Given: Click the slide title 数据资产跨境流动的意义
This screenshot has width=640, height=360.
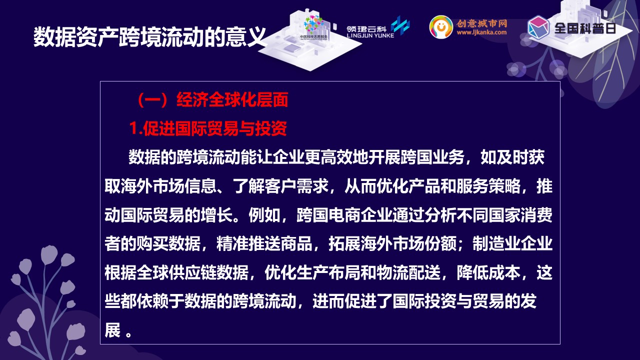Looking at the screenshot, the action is (149, 37).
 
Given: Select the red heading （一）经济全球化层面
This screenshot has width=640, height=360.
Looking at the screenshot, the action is (212, 99).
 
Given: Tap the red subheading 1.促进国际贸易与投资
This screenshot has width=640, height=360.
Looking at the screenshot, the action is (208, 128).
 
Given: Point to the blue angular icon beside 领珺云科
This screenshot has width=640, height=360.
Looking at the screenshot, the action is (400, 25).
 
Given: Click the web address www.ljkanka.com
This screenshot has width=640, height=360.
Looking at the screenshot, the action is (481, 32).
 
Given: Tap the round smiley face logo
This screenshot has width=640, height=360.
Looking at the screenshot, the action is (441, 27).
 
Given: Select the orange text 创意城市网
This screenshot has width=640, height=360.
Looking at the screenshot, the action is (481, 23).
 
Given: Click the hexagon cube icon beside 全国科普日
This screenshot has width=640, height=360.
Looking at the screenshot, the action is (538, 27).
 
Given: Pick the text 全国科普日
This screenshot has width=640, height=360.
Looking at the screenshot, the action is (585, 28).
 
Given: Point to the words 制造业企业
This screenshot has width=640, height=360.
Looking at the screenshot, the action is (512, 243).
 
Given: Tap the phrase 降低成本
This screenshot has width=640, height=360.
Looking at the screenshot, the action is (488, 272).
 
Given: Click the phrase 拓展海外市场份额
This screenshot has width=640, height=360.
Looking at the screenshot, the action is (392, 243).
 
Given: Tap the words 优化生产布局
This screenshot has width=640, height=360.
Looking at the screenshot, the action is (312, 272).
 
